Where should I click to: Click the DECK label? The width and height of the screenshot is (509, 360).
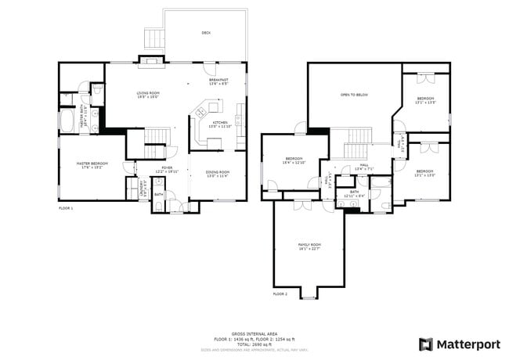206,33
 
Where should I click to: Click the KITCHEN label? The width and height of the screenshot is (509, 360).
220,124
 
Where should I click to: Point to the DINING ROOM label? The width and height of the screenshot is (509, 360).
218,173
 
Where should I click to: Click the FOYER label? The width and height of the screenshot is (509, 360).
167,168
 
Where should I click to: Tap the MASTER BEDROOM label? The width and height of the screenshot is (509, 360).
92,164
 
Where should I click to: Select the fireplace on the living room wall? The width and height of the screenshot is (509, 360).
150,59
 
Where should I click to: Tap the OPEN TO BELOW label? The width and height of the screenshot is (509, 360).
354,95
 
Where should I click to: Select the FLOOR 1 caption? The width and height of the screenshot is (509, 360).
66,209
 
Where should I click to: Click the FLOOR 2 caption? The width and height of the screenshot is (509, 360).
280,294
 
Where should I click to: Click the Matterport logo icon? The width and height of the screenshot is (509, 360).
426,344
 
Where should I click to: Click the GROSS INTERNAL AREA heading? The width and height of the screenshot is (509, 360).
254,333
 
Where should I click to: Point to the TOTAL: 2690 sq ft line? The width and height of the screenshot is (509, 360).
254,344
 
